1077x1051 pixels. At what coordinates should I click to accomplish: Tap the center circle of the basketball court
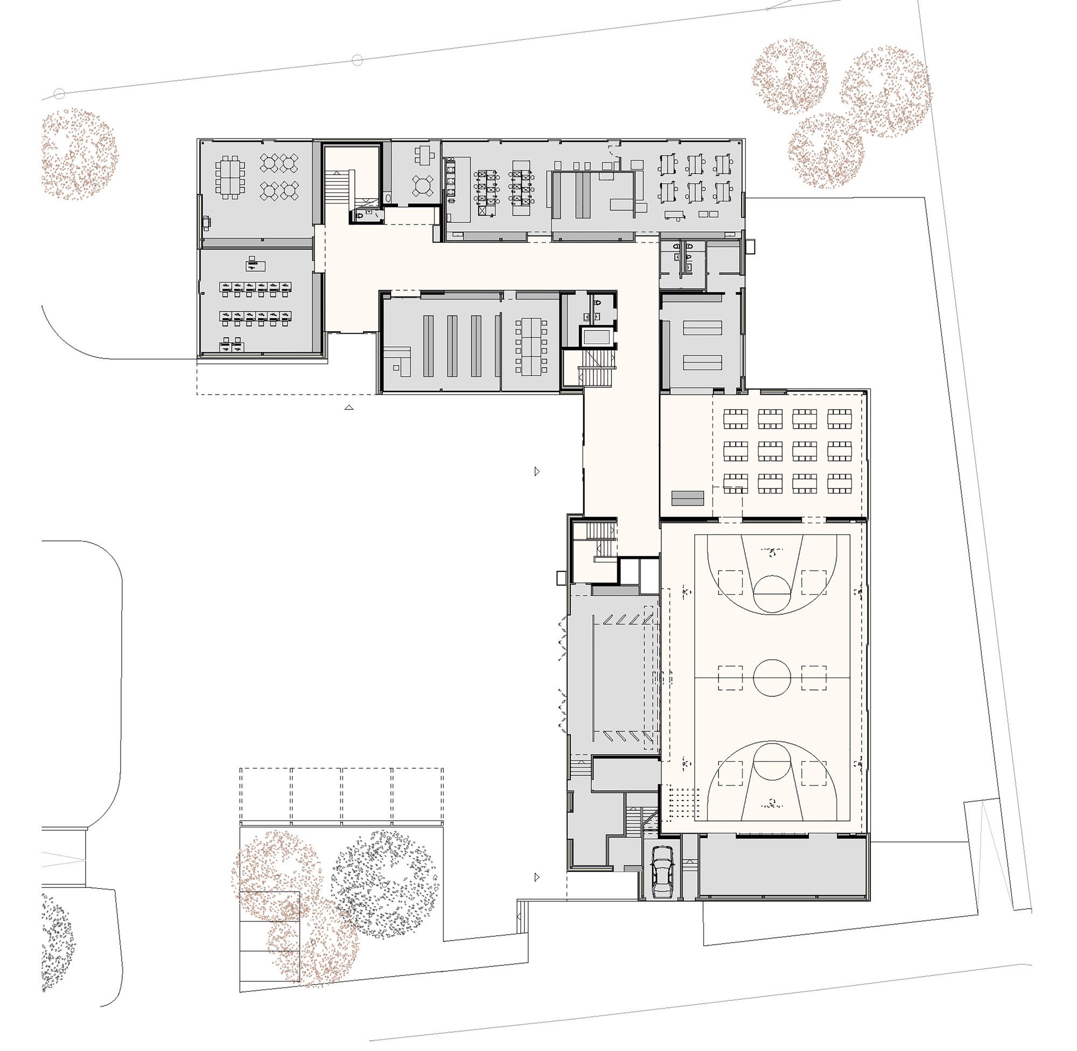coord(772,678)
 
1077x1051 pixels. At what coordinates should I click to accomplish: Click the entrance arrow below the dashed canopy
coord(348,408)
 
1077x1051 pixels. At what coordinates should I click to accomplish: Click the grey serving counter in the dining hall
coord(687,499)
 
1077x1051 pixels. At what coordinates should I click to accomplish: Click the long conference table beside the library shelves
coord(531,345)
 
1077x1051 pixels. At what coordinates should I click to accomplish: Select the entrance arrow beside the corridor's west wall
coord(536,472)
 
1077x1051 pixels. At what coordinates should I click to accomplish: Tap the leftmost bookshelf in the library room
coord(428,346)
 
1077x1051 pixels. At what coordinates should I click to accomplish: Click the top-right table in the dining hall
coord(838,418)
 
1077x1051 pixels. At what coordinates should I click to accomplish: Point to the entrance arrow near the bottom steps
coord(536,877)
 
